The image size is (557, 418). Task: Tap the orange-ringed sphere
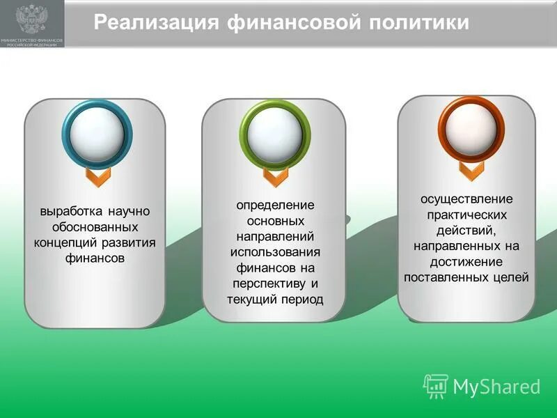tap(471, 128)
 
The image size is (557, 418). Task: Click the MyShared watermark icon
tap(435, 385)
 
